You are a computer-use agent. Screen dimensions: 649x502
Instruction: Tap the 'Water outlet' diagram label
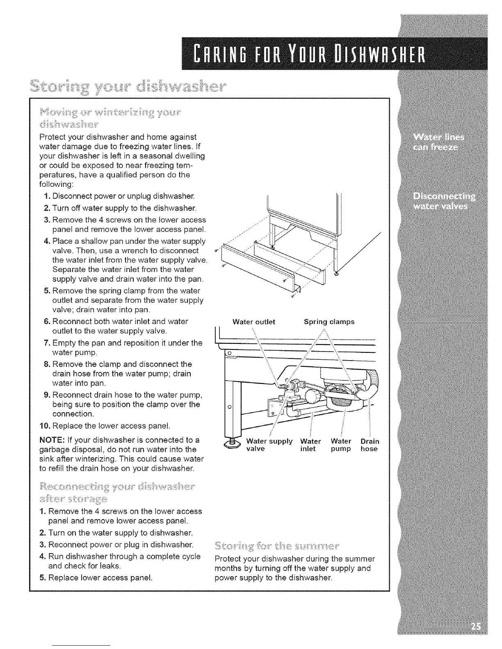coord(253,322)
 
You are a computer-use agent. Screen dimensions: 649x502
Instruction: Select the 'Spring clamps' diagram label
coord(329,322)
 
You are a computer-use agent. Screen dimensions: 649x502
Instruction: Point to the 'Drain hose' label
coord(370,445)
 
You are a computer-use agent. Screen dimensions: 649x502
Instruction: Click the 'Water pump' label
coord(341,445)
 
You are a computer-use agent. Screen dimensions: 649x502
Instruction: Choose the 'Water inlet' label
coord(310,445)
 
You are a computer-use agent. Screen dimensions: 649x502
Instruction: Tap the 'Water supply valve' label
coord(269,445)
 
